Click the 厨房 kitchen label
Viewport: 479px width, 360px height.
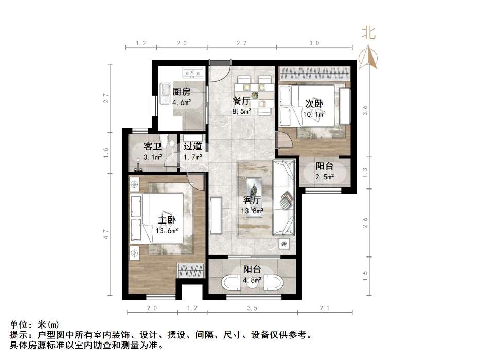click(182, 92)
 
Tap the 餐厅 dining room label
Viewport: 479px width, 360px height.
click(241, 100)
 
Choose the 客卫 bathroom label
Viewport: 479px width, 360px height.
click(153, 146)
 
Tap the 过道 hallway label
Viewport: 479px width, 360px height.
click(192, 146)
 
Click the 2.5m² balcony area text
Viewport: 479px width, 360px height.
click(325, 177)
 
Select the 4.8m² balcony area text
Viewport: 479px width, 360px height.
click(252, 280)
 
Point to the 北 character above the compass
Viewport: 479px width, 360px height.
click(368, 33)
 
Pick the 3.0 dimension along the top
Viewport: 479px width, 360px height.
click(314, 43)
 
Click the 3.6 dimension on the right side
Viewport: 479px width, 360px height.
click(365, 110)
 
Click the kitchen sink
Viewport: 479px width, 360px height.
click(166, 93)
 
